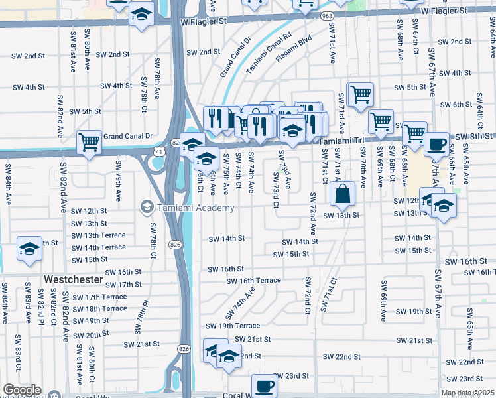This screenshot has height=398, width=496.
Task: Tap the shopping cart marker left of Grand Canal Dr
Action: tap(89, 141)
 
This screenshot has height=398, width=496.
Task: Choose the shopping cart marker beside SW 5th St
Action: tap(360, 94)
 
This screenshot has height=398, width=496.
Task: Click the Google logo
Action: tap(22, 390)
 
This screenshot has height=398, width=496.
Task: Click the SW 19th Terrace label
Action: tap(232, 326)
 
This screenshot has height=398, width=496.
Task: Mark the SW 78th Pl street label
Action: tap(141, 316)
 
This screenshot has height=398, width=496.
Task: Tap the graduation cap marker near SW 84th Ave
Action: tap(29, 249)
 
